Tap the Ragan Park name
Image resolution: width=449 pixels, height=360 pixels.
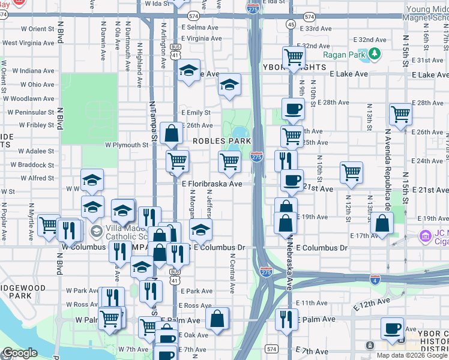tap(344, 55)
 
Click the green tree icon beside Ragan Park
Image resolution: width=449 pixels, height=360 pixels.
tap(375, 55)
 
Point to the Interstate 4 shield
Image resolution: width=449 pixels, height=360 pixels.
tap(375, 280)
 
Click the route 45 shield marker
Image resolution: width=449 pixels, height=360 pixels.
tap(291, 24)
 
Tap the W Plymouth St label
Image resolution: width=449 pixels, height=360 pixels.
tap(126, 145)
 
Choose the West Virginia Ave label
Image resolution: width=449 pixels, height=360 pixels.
tap(28, 43)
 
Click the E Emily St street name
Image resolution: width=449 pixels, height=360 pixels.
tap(196, 112)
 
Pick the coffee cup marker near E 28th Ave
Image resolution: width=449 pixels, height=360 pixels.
tap(293, 110)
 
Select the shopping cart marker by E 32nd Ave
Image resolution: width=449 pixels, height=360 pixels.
tap(294, 58)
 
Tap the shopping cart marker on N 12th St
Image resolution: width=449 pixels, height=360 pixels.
tap(351, 173)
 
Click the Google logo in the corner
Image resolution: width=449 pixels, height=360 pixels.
tap(20, 353)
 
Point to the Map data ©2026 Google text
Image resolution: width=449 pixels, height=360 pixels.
tap(412, 355)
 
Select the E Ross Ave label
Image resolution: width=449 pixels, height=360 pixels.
tap(196, 305)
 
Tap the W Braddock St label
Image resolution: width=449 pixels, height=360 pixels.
tap(36, 165)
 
